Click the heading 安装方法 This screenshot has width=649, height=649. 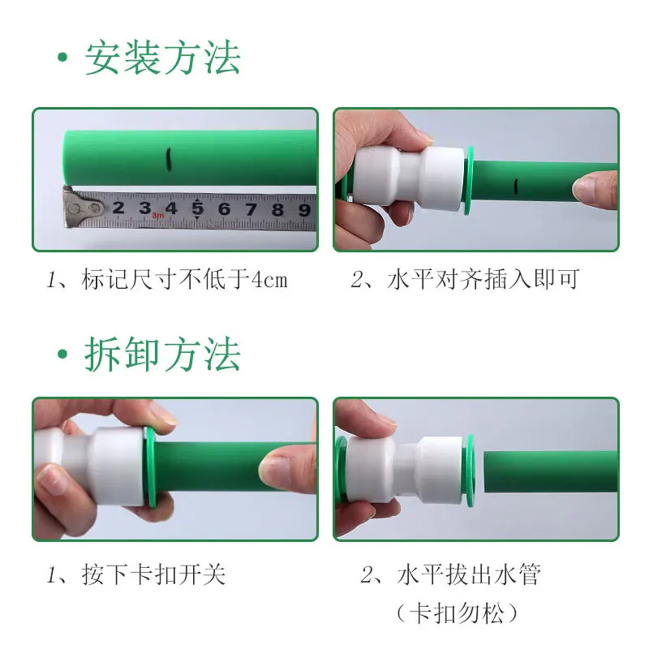pyautogui.click(x=162, y=58)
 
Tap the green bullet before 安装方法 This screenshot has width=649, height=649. pyautogui.click(x=62, y=60)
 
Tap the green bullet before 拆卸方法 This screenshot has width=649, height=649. pyautogui.click(x=62, y=355)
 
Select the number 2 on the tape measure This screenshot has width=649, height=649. pyautogui.click(x=118, y=208)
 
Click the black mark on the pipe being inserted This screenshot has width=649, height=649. pyautogui.click(x=515, y=188)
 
